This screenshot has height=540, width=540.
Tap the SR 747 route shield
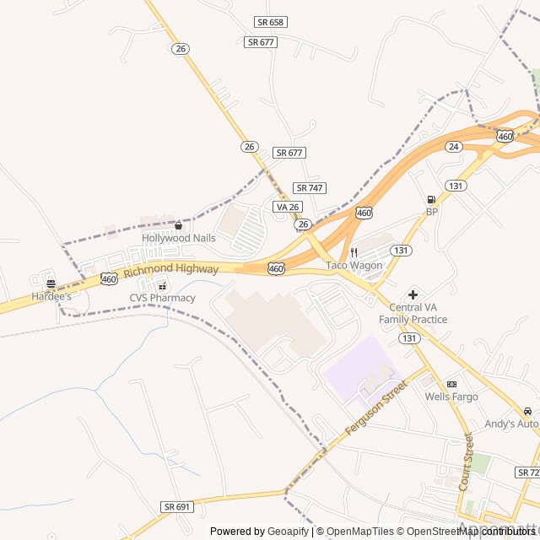(x=310, y=187)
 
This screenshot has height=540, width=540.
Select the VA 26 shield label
(x=287, y=207)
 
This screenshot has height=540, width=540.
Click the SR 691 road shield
(x=177, y=506)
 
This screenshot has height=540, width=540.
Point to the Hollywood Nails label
(x=178, y=239)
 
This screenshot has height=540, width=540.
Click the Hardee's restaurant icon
(x=51, y=284)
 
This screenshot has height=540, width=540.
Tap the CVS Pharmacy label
(x=162, y=298)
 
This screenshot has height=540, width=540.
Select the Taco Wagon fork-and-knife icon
(x=354, y=252)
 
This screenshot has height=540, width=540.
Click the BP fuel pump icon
(x=431, y=200)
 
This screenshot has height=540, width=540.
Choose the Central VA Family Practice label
(x=413, y=313)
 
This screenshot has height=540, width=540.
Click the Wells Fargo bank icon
(x=451, y=384)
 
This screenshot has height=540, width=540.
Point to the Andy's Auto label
(x=511, y=424)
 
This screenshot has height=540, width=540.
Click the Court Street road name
(x=465, y=462)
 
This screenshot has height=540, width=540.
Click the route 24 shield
(x=454, y=146)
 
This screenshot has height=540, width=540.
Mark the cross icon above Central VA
(x=413, y=294)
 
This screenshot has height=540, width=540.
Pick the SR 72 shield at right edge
(x=528, y=472)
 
